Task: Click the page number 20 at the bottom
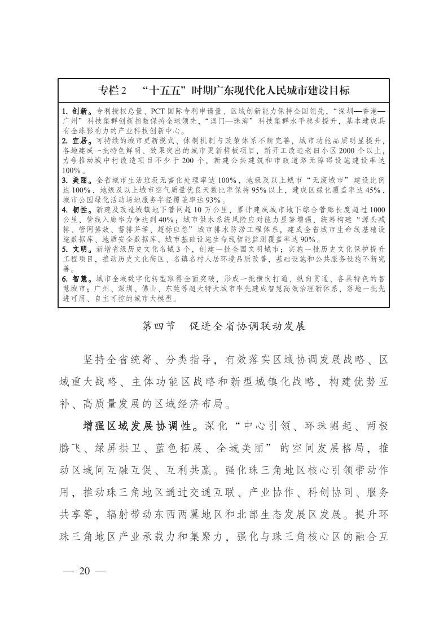(x=85, y=570)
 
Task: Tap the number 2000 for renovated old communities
(x=333, y=151)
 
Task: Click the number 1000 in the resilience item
(x=375, y=209)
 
